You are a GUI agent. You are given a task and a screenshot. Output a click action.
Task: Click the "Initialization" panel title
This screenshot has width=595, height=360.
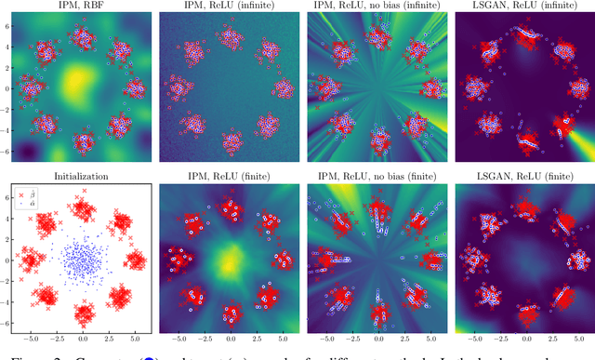click(79, 174)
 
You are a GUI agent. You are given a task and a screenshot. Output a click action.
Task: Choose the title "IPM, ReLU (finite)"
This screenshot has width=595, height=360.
click(226, 174)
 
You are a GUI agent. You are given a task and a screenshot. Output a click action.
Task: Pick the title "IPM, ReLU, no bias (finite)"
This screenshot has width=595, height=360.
click(373, 174)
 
